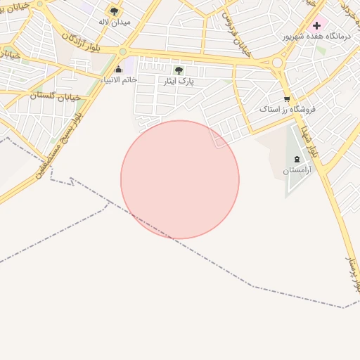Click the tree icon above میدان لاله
(x=115, y=11)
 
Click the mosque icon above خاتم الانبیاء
(x=118, y=69)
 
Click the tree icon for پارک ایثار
(x=179, y=70)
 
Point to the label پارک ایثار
(x=179, y=82)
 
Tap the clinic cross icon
(x=316, y=25)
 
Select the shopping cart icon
(x=287, y=98)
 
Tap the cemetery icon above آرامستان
(x=296, y=159)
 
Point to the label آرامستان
(x=296, y=170)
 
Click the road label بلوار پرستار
(x=353, y=275)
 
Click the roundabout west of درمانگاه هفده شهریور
(x=277, y=63)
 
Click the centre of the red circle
(x=180, y=179)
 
